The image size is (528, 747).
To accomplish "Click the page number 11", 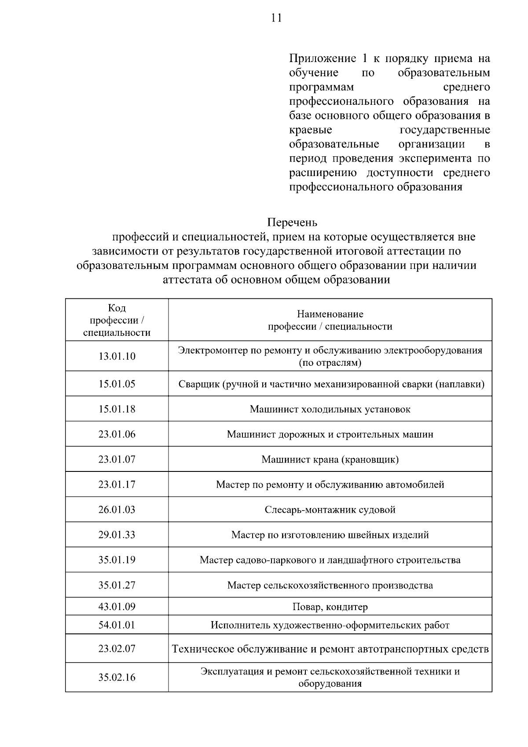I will [276, 18].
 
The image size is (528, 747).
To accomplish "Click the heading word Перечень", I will [292, 222].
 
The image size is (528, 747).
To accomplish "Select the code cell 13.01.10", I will [117, 356].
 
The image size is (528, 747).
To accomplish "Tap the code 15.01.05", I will [117, 384].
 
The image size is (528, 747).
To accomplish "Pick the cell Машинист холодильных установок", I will [330, 409].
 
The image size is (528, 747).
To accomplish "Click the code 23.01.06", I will [117, 434].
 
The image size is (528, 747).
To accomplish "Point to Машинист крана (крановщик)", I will [330, 459].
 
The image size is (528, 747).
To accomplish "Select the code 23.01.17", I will [117, 484].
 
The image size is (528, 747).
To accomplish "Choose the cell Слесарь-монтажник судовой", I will [330, 509].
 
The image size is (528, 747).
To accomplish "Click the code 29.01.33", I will [117, 535].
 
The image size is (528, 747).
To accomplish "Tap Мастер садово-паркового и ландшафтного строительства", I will [330, 560].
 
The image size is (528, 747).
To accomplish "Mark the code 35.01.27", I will [117, 585].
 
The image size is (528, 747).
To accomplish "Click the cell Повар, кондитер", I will [330, 607].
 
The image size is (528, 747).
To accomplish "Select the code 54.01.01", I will [117, 625].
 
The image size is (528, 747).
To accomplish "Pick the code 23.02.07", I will [117, 648].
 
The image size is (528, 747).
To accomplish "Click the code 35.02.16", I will [117, 677].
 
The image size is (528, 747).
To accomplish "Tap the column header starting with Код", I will [117, 320].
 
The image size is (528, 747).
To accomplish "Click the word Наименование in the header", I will [330, 314].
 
